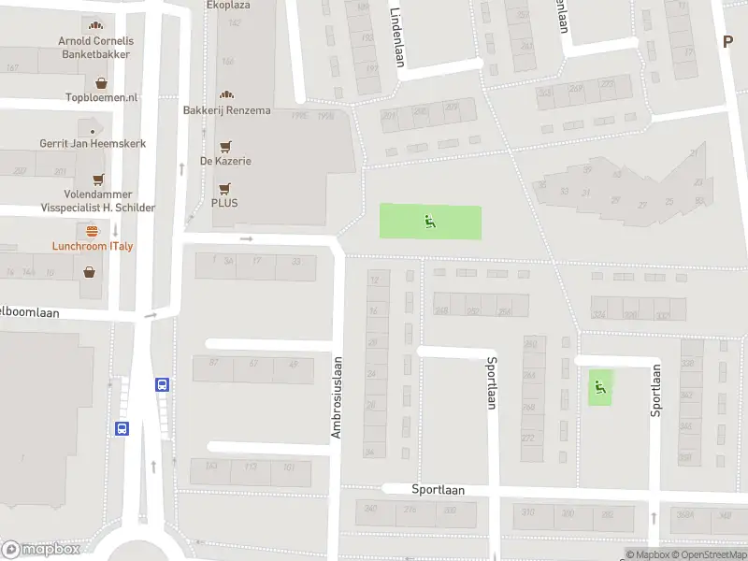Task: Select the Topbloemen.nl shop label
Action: pos(102,97)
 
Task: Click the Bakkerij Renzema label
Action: pos(226,110)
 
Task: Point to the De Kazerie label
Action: pos(225,161)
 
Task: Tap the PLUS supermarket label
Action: pos(224,202)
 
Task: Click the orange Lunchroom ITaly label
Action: pos(92,246)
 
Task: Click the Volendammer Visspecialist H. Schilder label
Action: pos(97,201)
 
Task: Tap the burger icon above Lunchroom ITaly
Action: pos(92,230)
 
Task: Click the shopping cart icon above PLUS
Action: pos(224,187)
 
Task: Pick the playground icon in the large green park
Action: pos(430,222)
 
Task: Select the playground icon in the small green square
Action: pos(599,386)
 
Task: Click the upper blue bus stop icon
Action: pos(163,384)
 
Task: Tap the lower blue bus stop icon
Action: pos(122,428)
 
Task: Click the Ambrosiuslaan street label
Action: pos(338,397)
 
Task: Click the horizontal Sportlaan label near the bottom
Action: pos(439,489)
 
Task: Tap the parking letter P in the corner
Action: pos(727,40)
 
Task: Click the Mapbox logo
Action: pos(40,550)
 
